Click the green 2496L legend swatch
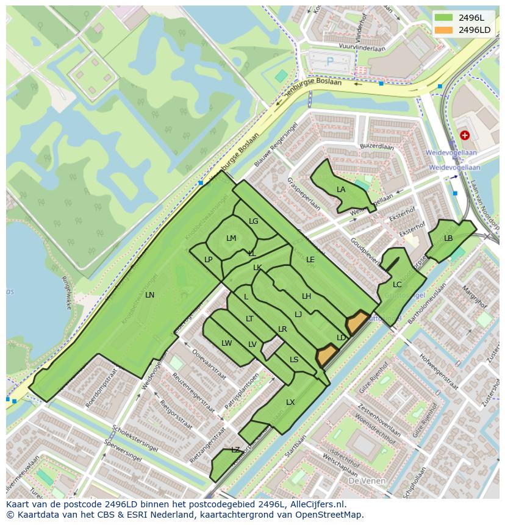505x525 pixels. pyautogui.click(x=445, y=18)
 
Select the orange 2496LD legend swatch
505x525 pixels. pyautogui.click(x=445, y=30)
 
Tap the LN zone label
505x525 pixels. pyautogui.click(x=149, y=295)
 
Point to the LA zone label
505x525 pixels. pyautogui.click(x=341, y=190)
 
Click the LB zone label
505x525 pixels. pyautogui.click(x=448, y=238)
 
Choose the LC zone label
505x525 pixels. pyautogui.click(x=397, y=285)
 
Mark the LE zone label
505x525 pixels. pyautogui.click(x=310, y=260)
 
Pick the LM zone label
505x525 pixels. pyautogui.click(x=231, y=238)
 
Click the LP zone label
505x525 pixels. pyautogui.click(x=209, y=260)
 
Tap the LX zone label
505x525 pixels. pyautogui.click(x=290, y=402)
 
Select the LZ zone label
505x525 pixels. pyautogui.click(x=235, y=450)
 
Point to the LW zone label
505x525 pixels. pyautogui.click(x=227, y=343)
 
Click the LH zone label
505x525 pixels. pyautogui.click(x=307, y=296)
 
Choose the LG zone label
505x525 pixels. pyautogui.click(x=254, y=221)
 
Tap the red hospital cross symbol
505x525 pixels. pyautogui.click(x=465, y=135)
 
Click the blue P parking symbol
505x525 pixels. pyautogui.click(x=330, y=61)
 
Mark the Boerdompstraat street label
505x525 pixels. pyautogui.click(x=101, y=387)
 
